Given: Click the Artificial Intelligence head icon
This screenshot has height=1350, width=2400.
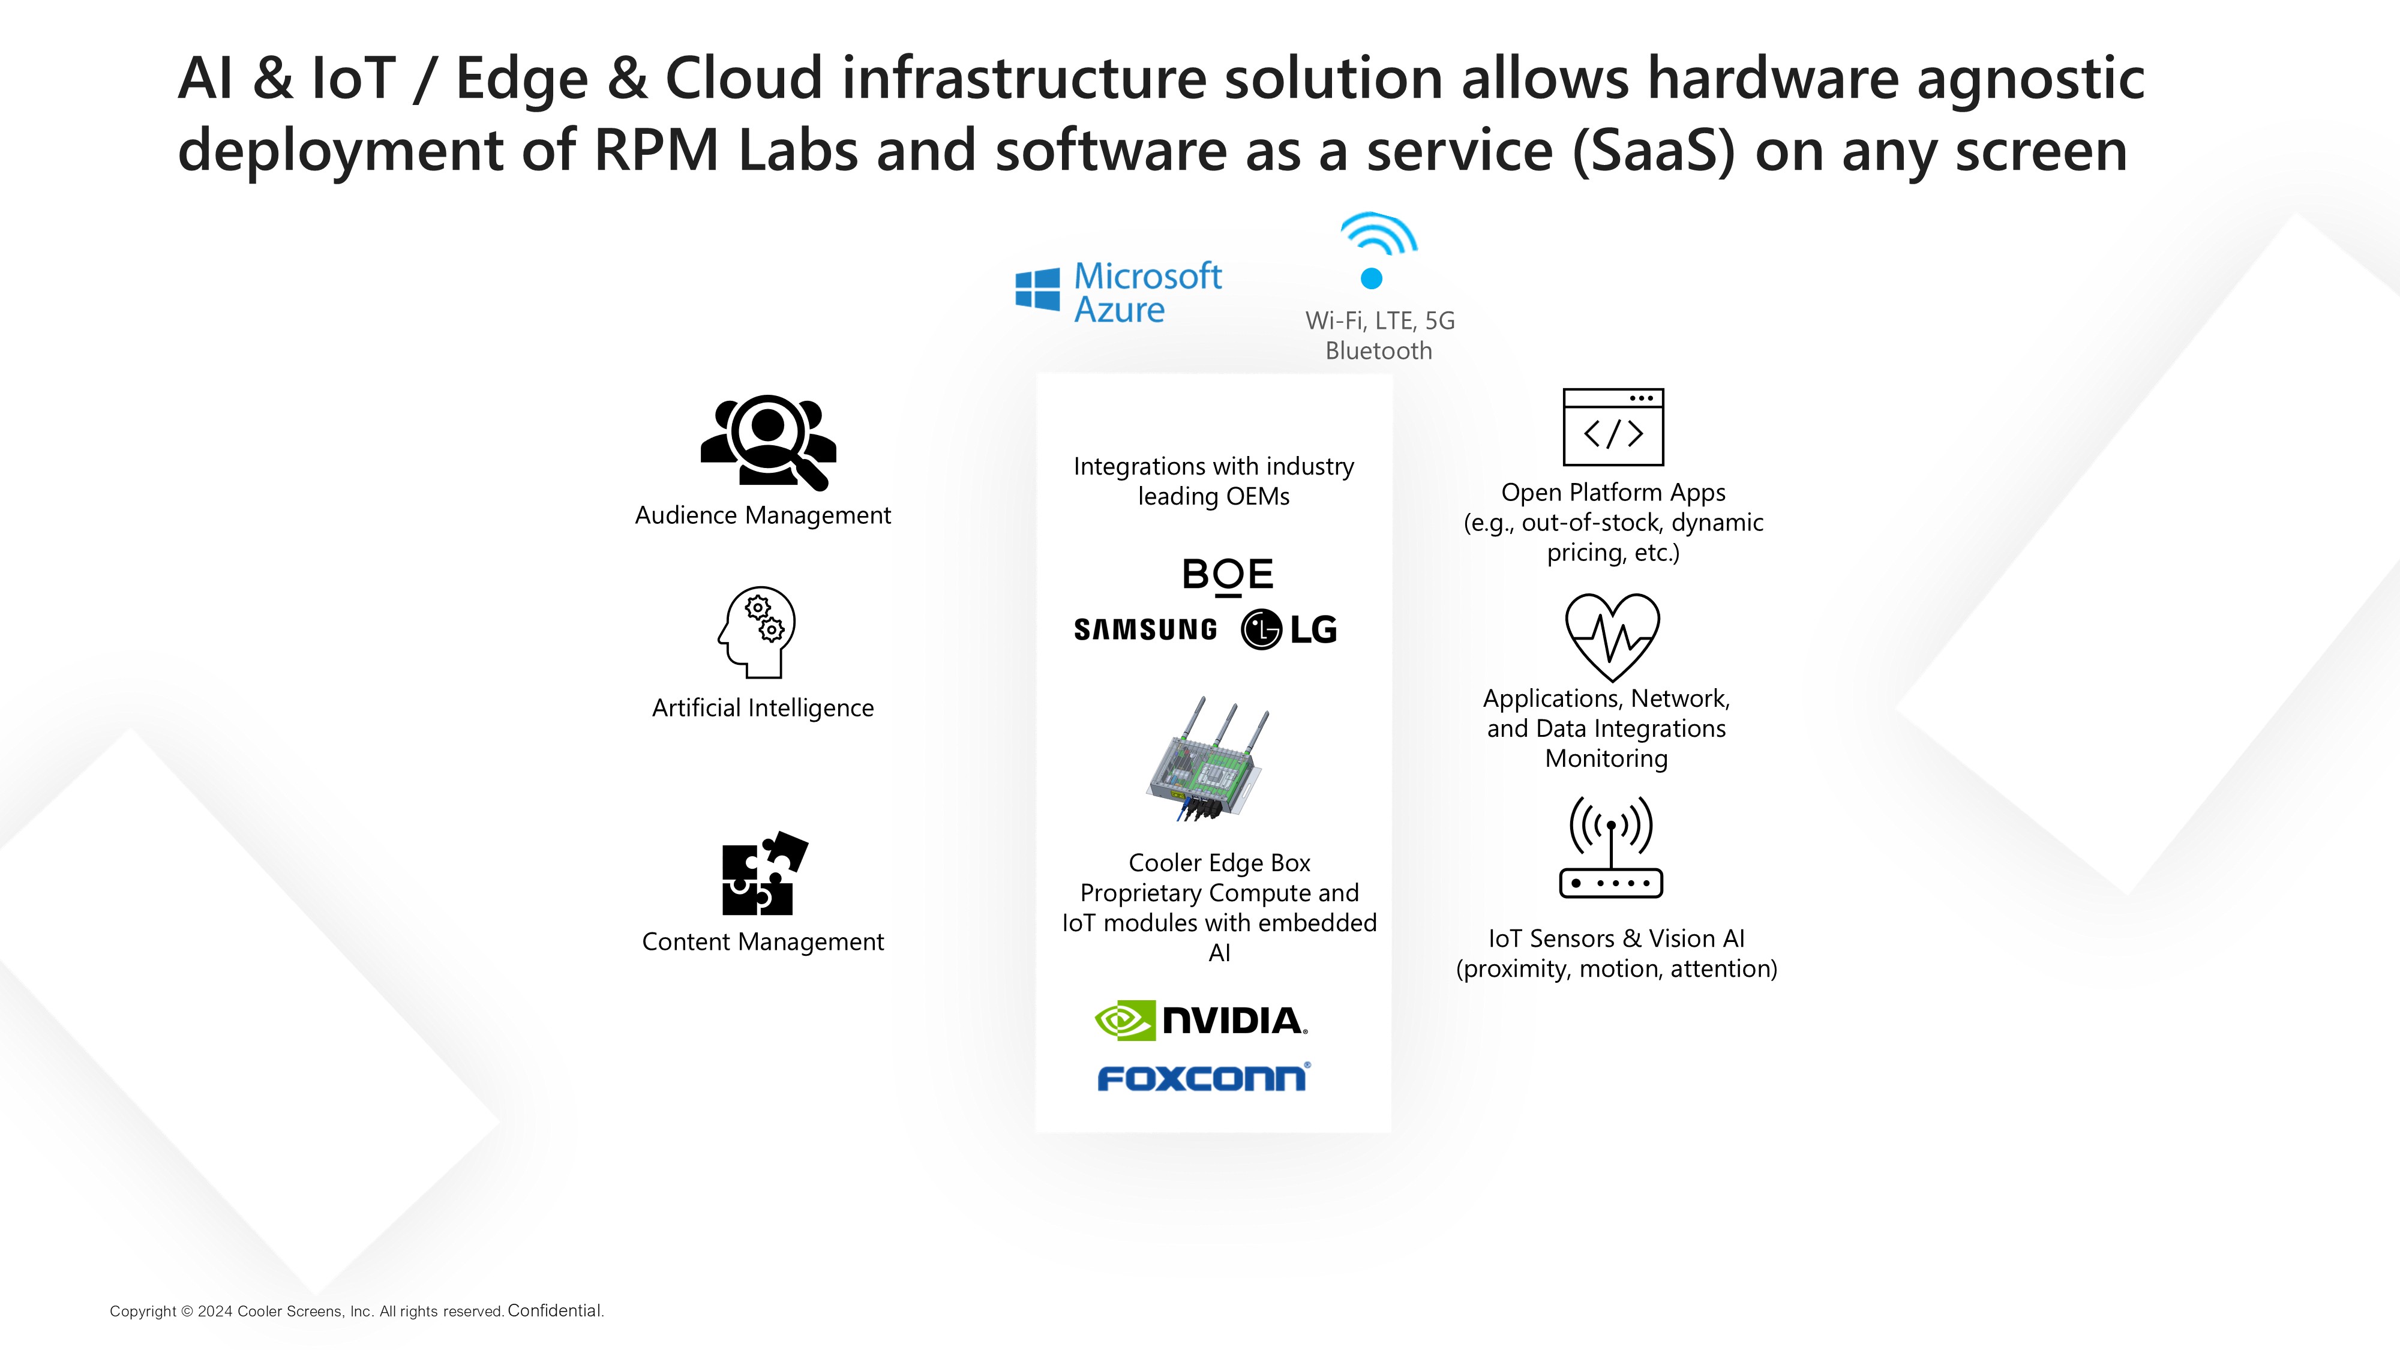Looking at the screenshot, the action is (757, 632).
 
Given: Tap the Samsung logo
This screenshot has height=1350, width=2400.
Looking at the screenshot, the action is (1145, 630).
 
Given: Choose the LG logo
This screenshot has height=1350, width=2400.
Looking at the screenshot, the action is (1289, 629).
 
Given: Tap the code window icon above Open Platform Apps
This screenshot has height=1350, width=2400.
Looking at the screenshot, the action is (1613, 427).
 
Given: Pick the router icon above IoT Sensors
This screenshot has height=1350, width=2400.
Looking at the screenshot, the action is (1611, 847).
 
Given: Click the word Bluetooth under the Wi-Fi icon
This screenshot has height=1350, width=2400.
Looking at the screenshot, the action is (1379, 351).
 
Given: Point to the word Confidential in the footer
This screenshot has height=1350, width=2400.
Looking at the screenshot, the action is (554, 1311).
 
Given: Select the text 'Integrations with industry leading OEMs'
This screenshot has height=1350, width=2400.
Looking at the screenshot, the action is (1214, 481).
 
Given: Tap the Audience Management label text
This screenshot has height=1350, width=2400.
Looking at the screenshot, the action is (763, 515).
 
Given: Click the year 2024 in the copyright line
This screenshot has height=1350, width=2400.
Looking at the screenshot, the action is (215, 1312).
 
